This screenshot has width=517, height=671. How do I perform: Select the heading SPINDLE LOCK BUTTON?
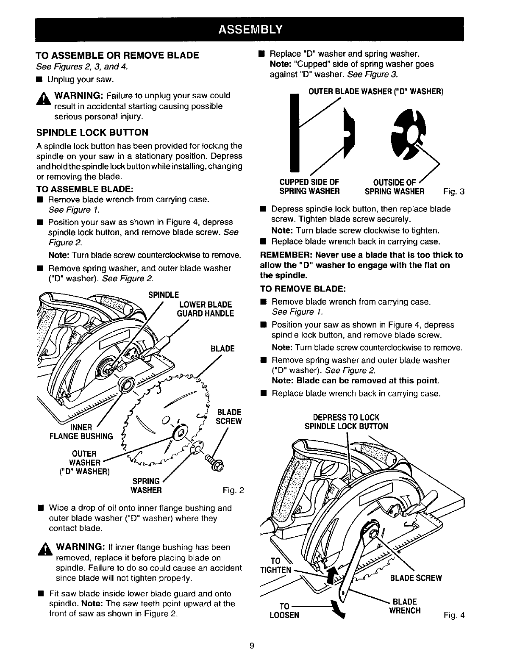[92, 133]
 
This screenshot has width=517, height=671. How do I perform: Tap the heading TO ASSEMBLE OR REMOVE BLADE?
[117, 55]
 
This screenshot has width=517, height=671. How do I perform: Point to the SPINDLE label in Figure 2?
[164, 294]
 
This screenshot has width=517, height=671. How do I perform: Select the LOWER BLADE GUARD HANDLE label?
[206, 309]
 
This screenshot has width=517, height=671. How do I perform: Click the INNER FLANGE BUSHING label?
[81, 432]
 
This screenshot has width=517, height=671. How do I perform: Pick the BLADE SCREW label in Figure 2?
[229, 417]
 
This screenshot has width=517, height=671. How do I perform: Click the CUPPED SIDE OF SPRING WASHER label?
[309, 186]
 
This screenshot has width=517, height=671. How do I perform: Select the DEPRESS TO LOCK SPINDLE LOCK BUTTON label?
[346, 421]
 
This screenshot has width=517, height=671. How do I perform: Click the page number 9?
[252, 646]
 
